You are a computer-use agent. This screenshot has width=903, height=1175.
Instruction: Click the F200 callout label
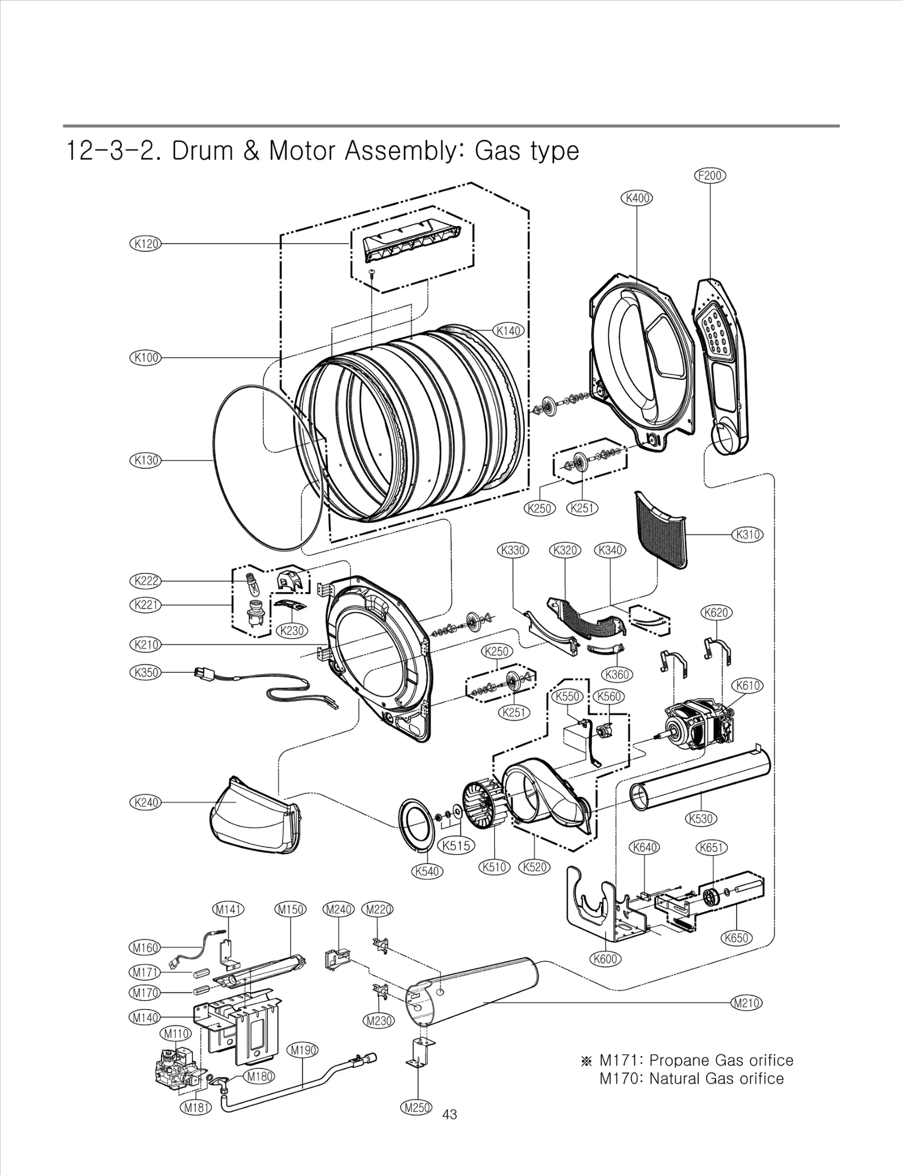709,176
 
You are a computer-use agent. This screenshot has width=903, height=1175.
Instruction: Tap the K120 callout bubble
146,244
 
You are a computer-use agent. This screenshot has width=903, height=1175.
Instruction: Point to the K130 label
146,460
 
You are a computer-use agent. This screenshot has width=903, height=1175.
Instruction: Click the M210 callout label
746,1003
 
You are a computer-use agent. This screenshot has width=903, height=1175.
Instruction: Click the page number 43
450,1114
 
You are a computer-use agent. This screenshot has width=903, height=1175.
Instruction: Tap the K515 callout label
456,845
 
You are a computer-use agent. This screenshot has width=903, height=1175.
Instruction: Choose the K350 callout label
146,673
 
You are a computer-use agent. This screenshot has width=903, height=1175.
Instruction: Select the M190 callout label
303,1050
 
